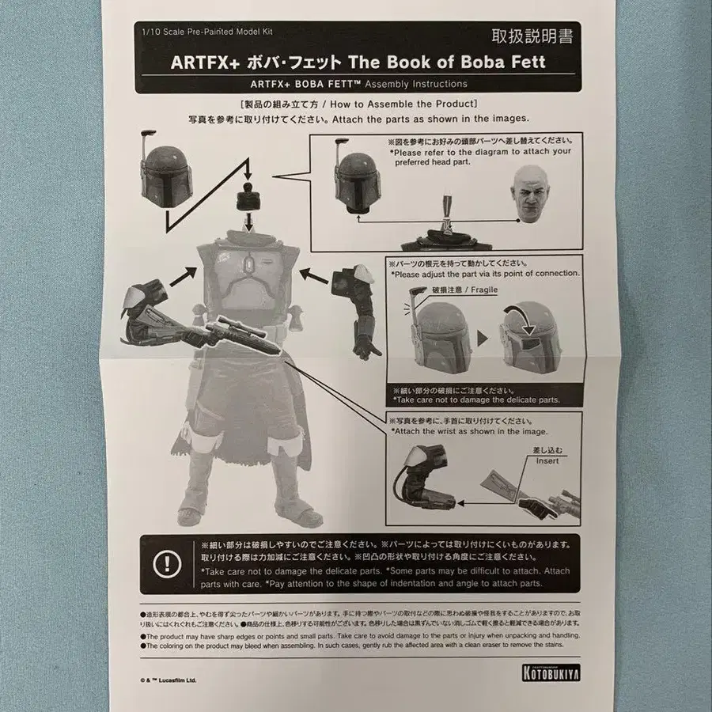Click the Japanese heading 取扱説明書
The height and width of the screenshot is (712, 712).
(532, 35)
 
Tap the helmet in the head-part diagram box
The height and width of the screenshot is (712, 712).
(357, 176)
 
